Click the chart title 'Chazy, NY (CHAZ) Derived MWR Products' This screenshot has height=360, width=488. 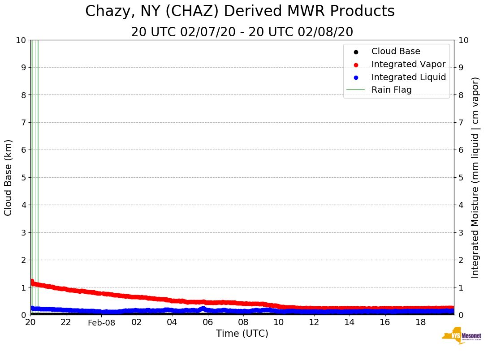coord(240,11)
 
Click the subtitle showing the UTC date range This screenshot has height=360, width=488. coord(242,32)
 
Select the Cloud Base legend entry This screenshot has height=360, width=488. coord(396,51)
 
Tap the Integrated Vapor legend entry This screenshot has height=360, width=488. coord(408,64)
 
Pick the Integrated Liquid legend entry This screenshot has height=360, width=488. coord(408,77)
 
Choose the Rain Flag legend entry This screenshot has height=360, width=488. coord(391,90)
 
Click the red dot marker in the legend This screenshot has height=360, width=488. coord(356,64)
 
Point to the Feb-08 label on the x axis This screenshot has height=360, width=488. coord(101,323)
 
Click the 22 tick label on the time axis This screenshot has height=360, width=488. coord(66,322)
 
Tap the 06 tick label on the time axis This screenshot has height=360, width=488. coord(207,322)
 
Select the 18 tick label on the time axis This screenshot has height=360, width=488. coord(420,322)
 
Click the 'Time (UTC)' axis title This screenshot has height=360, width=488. coord(242,334)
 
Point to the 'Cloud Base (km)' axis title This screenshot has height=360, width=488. coord(9,177)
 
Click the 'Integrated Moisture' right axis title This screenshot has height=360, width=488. coord(475,177)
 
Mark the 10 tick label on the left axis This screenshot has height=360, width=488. coord(22,40)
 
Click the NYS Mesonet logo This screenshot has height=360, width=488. coord(462,336)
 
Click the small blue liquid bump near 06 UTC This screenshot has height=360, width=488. coord(203,308)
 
